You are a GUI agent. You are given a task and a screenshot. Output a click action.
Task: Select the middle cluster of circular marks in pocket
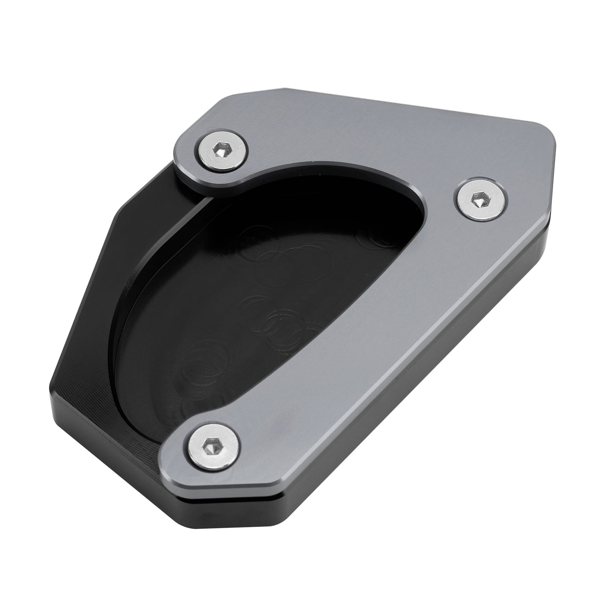pos(284,321)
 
